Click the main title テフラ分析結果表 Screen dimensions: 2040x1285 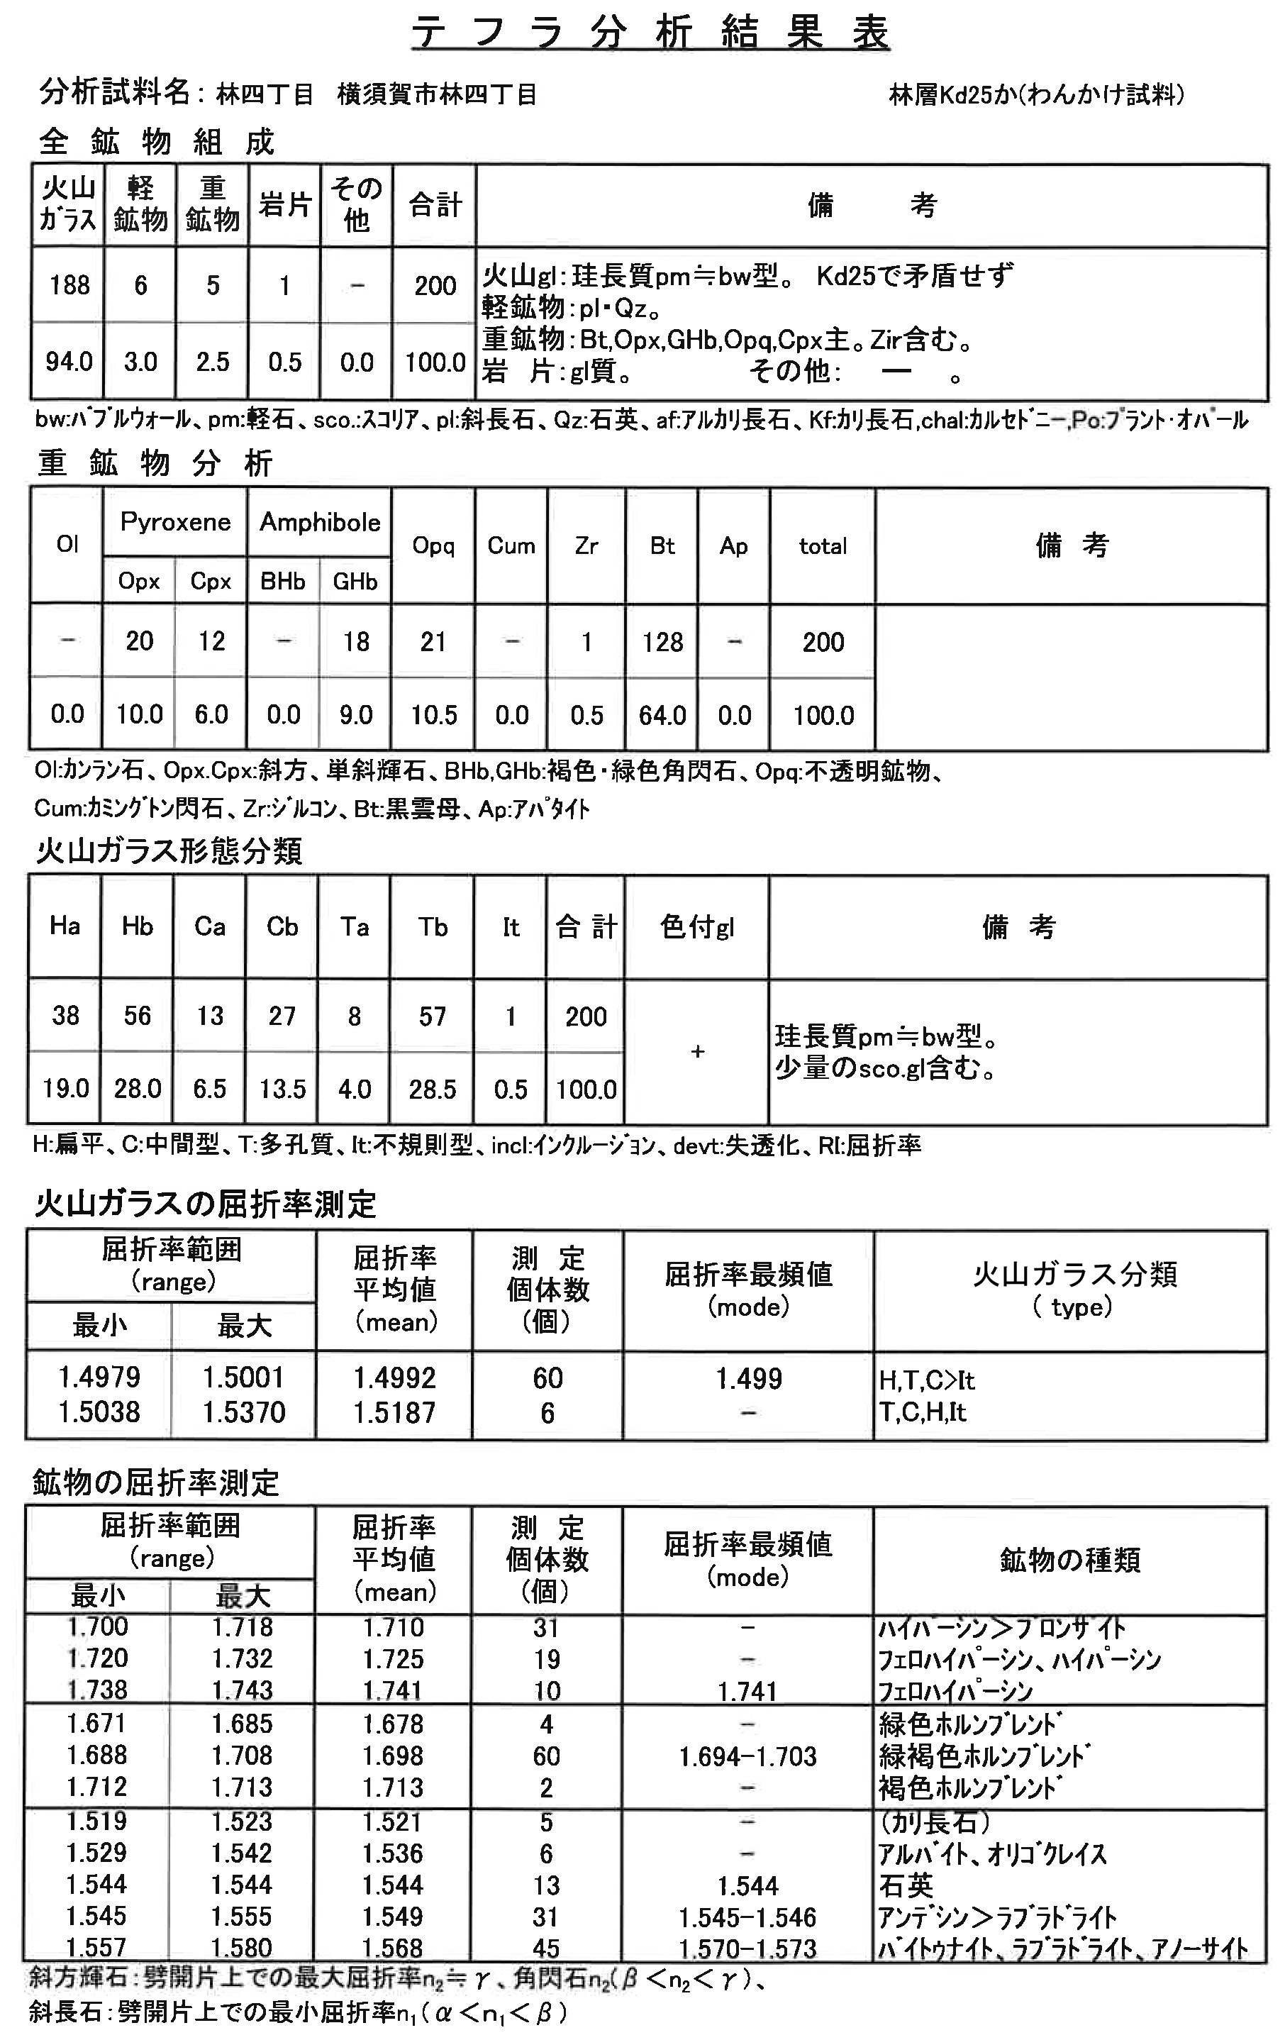[650, 33]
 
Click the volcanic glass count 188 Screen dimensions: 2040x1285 [69, 285]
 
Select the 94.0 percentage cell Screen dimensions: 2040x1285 [69, 362]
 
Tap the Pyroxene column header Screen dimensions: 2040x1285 [175, 522]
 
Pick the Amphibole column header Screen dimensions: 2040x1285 [319, 522]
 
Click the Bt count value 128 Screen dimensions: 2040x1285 [662, 641]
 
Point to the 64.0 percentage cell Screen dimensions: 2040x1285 [662, 715]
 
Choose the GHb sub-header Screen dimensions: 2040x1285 [355, 581]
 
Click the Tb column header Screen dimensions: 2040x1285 [432, 927]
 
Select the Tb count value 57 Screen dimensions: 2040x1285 [432, 1016]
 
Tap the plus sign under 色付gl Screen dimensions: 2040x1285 [697, 1051]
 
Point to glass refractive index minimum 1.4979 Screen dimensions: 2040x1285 [99, 1377]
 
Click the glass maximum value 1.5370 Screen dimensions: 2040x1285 [244, 1412]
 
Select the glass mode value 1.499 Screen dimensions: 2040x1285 [749, 1378]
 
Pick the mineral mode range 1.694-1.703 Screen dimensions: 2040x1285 [748, 1756]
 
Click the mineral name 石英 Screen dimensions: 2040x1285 [906, 1885]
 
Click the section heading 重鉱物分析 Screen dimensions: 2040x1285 [155, 462]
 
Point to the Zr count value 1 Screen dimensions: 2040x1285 [586, 641]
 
